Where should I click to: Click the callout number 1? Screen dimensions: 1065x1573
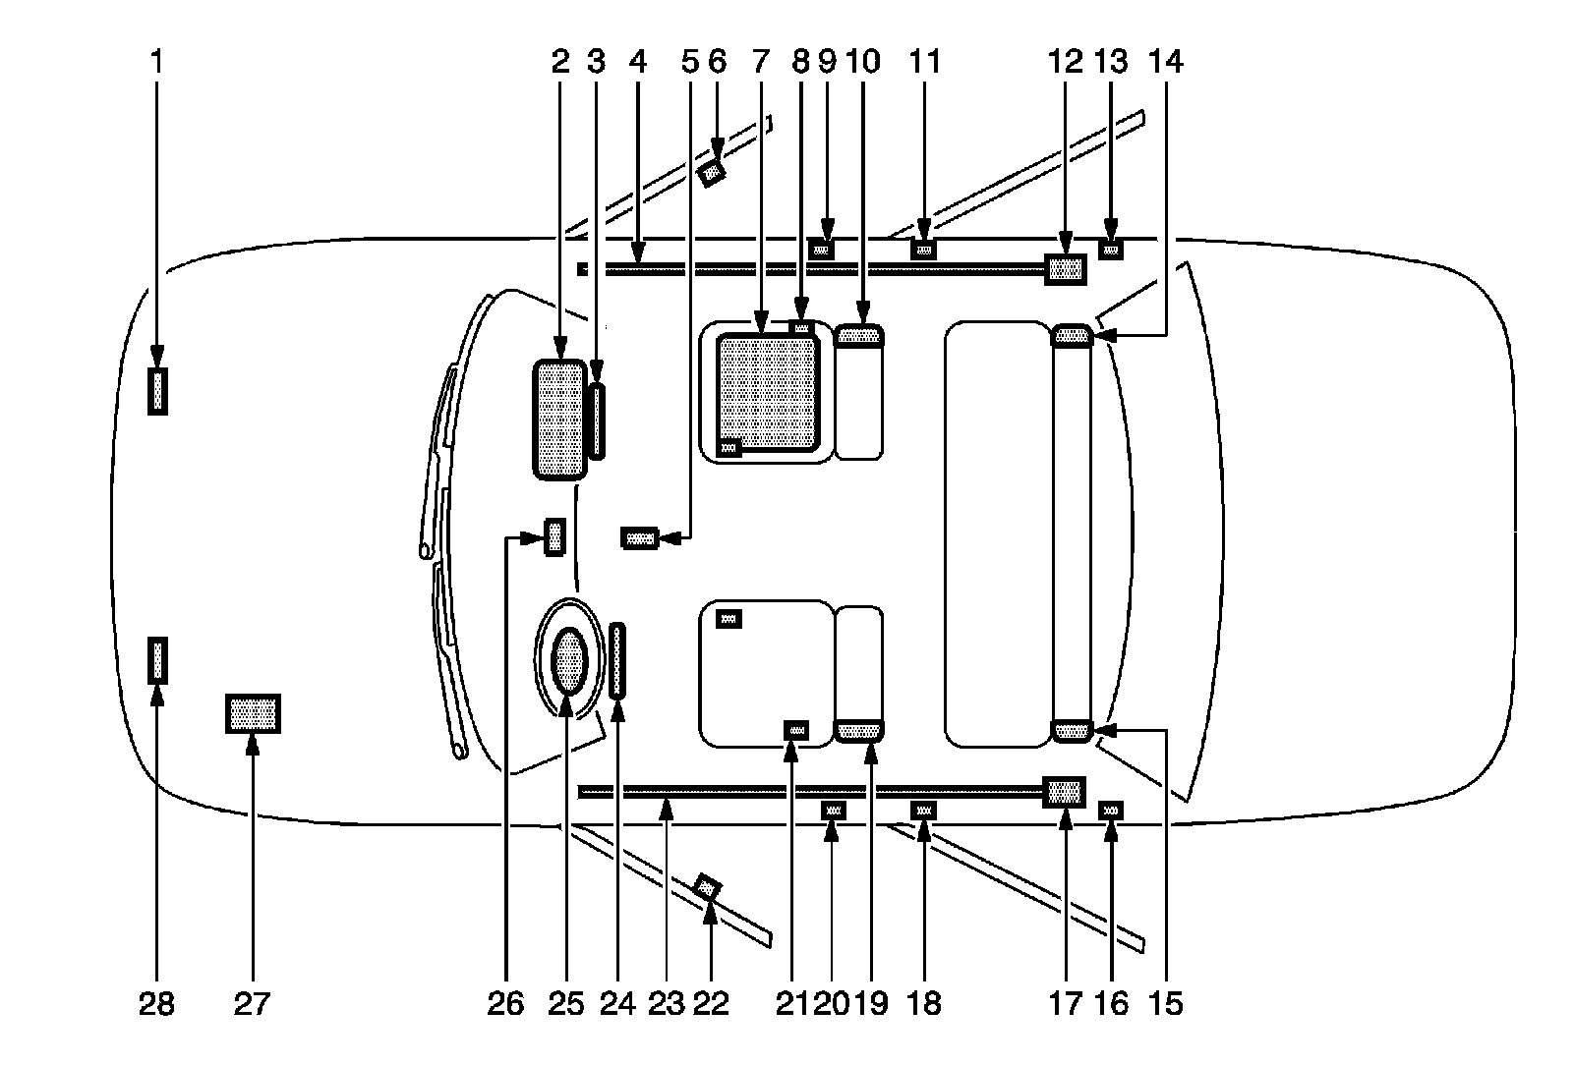[x=157, y=62]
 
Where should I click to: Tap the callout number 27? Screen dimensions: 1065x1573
[x=253, y=1003]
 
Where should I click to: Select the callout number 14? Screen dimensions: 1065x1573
[x=1166, y=62]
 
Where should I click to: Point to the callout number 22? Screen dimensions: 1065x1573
[x=711, y=1003]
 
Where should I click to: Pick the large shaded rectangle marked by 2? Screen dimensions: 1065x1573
[x=558, y=420]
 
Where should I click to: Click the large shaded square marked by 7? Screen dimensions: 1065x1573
[x=768, y=392]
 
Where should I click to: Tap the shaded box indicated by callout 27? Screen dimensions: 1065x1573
[x=253, y=713]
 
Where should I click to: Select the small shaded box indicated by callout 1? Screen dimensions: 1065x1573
[x=157, y=391]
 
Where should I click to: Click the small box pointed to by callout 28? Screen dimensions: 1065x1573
[x=157, y=660]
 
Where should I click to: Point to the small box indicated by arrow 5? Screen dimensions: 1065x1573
[x=639, y=538]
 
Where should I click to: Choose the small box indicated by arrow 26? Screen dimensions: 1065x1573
[x=555, y=537]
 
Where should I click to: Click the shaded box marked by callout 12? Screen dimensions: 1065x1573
[x=1066, y=268]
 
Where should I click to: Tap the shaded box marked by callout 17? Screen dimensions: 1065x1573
[x=1065, y=792]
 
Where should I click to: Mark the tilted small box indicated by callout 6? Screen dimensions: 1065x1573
[x=711, y=174]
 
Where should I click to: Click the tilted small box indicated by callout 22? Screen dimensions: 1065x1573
[x=708, y=887]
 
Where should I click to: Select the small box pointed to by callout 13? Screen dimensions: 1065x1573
[x=1111, y=250]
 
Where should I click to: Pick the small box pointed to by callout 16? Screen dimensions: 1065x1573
[x=1111, y=810]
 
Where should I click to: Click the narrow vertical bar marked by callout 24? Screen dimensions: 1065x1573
[x=617, y=660]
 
